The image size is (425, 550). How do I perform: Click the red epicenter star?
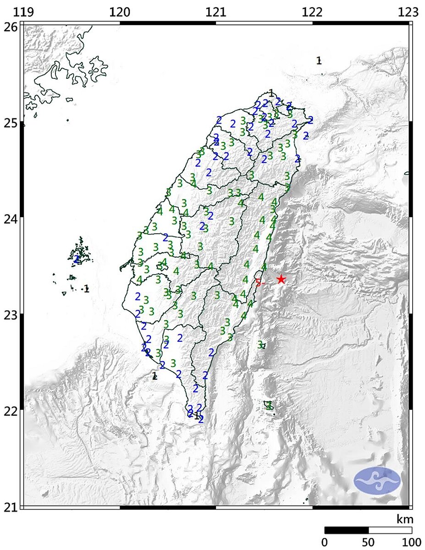281,279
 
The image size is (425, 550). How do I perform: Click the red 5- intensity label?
260,283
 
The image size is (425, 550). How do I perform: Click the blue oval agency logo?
377,480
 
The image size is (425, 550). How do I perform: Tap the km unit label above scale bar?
405,519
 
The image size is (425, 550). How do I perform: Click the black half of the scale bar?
347,530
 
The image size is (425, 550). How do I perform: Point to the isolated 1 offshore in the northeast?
319,60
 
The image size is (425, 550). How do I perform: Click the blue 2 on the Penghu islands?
77,259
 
